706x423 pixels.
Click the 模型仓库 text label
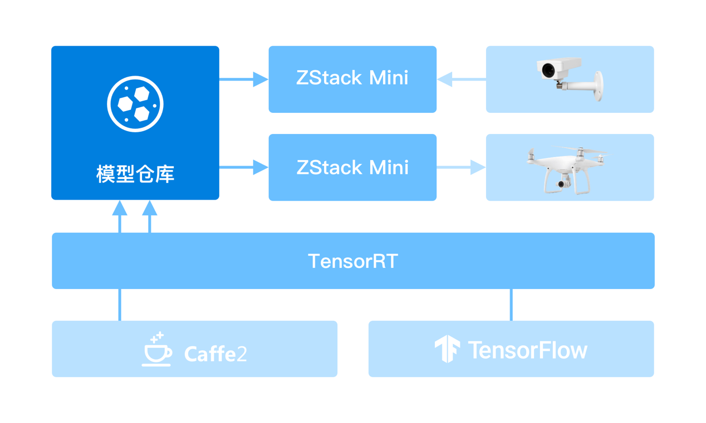(x=135, y=174)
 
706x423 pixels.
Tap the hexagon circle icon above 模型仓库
(x=135, y=104)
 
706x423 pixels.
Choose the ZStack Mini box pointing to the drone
(x=352, y=167)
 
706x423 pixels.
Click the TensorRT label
(x=353, y=261)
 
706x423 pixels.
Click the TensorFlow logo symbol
(x=447, y=349)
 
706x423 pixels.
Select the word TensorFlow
(x=527, y=350)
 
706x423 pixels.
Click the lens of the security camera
(x=548, y=71)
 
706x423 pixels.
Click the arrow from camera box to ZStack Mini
(x=461, y=79)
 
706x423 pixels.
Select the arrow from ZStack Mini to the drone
(x=461, y=167)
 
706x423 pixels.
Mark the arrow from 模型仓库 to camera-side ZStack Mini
(x=243, y=79)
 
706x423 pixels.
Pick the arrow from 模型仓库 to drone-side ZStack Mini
(x=243, y=167)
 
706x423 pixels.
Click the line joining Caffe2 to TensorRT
(x=120, y=305)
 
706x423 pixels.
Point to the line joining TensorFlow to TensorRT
(x=511, y=305)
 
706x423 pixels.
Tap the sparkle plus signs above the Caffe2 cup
(x=158, y=337)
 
